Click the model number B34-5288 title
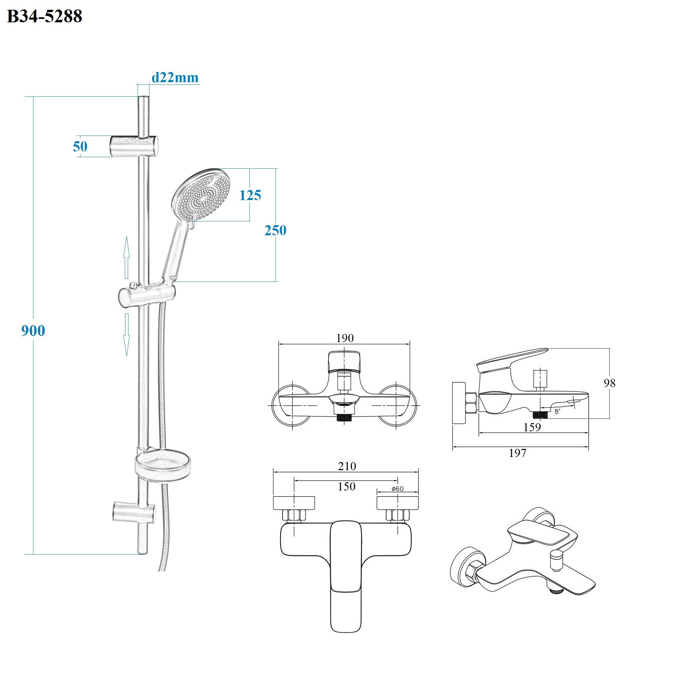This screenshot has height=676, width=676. (44, 17)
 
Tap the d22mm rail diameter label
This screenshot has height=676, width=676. (175, 78)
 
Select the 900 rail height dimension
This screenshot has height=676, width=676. (33, 331)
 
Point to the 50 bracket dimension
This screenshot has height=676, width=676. (80, 147)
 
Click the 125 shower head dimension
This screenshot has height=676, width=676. (250, 195)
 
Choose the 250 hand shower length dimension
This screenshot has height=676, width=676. (275, 231)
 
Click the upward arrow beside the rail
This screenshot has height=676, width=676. (127, 257)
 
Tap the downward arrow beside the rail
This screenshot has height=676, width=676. (127, 335)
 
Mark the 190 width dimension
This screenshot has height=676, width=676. (345, 338)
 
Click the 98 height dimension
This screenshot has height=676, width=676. (609, 383)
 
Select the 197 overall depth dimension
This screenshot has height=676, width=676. (517, 453)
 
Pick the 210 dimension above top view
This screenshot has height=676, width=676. (347, 466)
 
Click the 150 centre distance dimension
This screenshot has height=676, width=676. (346, 486)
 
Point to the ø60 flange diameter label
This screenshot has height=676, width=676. (398, 489)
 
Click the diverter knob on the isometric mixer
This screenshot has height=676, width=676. (556, 560)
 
